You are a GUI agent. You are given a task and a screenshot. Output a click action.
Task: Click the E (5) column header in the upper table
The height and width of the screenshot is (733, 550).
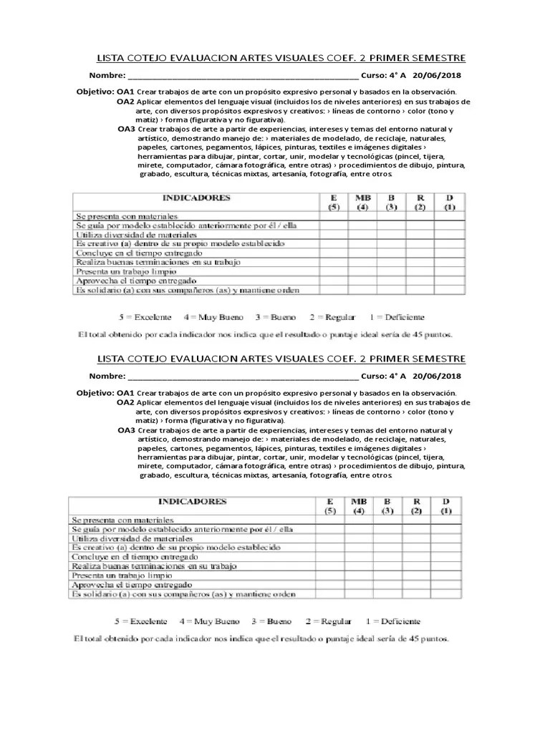click(x=333, y=202)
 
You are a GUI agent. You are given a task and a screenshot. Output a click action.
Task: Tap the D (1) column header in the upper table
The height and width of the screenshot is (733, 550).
click(x=450, y=202)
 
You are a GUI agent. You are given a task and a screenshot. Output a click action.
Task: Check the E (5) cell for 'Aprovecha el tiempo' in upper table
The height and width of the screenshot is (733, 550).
click(x=333, y=281)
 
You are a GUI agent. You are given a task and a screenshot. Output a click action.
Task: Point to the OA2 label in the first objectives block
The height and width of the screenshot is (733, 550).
click(x=126, y=102)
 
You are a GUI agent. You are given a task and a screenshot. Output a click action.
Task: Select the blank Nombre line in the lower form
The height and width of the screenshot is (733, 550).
click(x=243, y=376)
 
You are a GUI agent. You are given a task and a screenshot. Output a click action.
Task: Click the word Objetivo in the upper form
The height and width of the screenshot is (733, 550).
click(x=95, y=92)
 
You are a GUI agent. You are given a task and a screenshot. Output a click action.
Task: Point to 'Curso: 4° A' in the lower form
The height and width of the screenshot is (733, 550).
click(x=384, y=376)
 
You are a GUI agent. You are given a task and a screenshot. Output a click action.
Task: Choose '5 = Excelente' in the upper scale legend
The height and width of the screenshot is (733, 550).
click(x=146, y=316)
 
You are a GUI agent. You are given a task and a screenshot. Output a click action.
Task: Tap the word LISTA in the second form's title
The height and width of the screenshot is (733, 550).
click(x=111, y=359)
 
